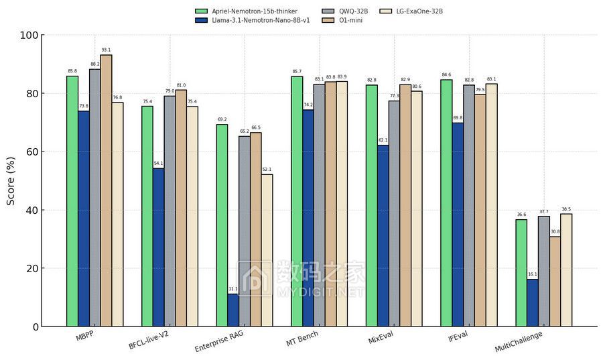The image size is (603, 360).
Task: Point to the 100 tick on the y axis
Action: [x=31, y=35]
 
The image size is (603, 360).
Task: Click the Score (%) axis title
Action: [x=11, y=180]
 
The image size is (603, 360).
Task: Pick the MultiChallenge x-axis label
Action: [x=518, y=341]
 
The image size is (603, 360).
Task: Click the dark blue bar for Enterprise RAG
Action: [x=232, y=310]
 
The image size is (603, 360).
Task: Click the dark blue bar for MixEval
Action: [x=383, y=235]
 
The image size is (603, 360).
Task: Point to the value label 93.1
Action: [x=106, y=50]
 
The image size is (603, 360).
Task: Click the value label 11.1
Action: [x=232, y=289]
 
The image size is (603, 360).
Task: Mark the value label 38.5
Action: [x=566, y=209]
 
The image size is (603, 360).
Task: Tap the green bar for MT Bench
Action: [x=297, y=201]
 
